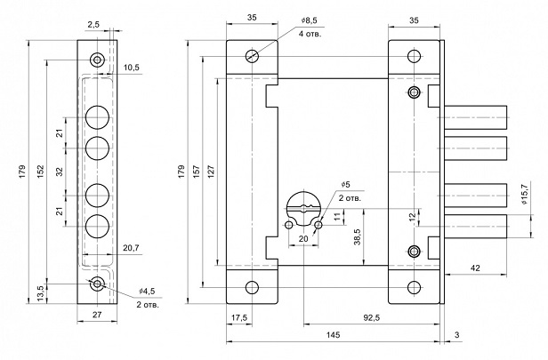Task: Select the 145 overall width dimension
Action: [333, 336]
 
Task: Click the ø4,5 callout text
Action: [147, 291]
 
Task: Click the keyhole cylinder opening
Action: [305, 208]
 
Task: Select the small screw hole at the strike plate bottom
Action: [97, 284]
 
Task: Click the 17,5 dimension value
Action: [238, 316]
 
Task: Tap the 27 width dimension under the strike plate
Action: [97, 315]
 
